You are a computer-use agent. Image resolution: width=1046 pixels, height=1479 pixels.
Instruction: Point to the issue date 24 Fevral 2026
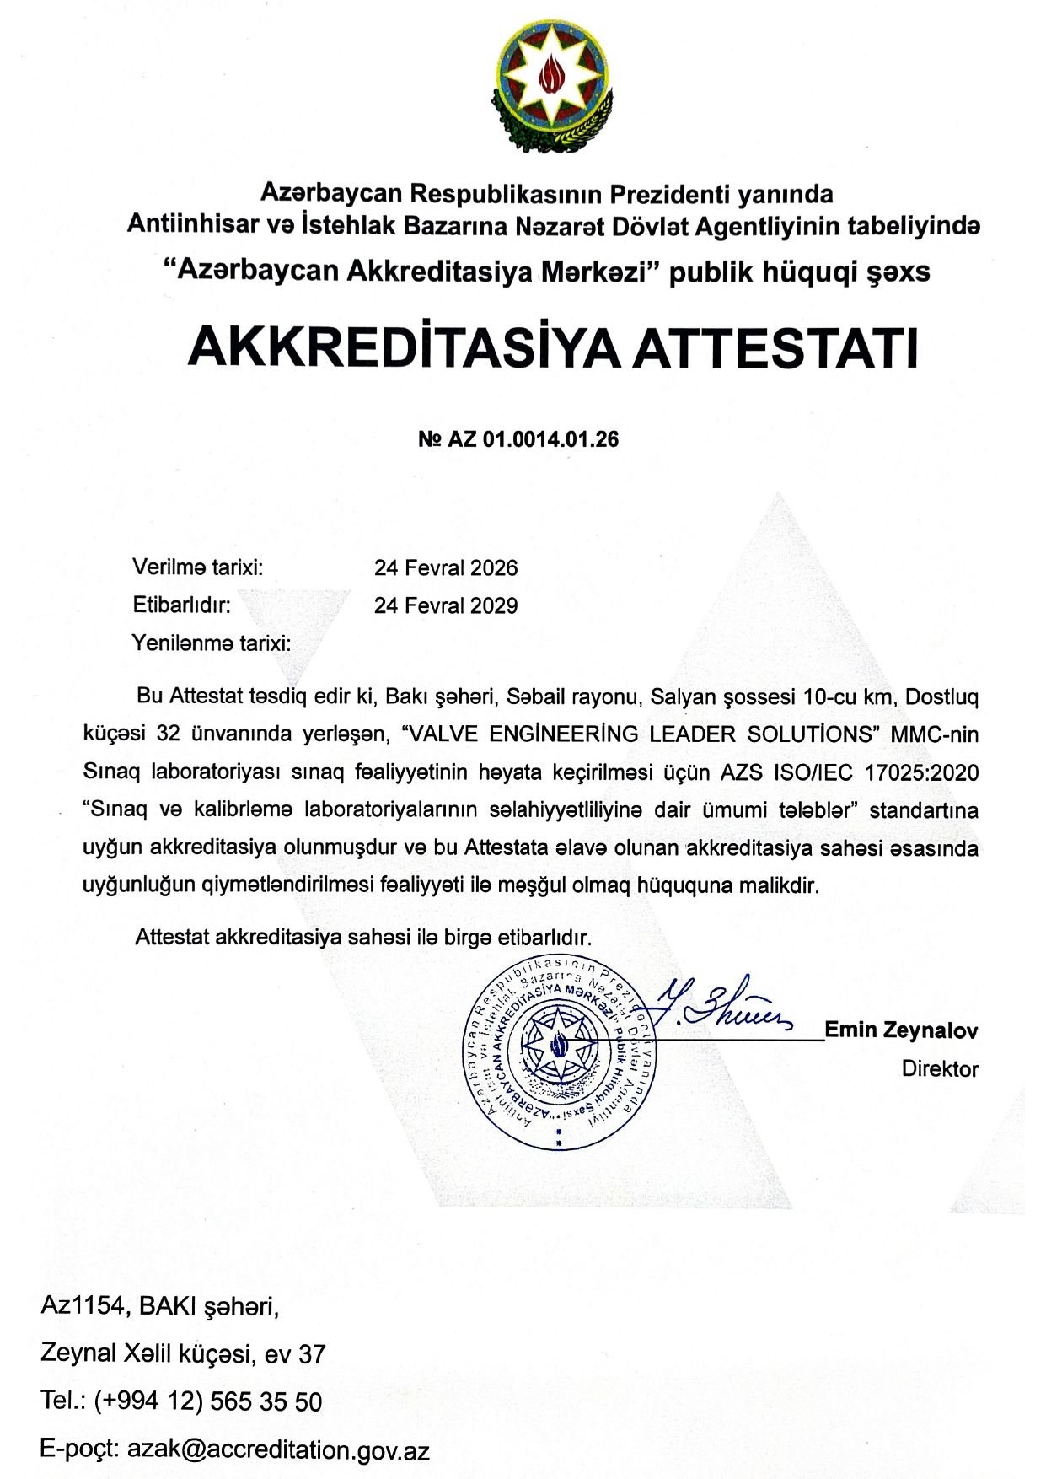point(446,567)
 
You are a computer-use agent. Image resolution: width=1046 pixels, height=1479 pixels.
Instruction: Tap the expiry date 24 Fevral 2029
point(446,605)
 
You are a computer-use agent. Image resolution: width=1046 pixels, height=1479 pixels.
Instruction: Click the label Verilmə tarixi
point(198,567)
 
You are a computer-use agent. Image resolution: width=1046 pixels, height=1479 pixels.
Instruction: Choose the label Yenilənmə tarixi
point(212,643)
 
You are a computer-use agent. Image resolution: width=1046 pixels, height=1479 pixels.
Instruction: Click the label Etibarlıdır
point(181,605)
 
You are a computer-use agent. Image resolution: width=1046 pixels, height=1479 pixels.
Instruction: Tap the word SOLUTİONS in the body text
point(826,734)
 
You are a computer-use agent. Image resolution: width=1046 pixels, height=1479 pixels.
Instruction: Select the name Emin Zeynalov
point(901,1030)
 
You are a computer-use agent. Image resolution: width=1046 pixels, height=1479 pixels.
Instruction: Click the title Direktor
point(940,1069)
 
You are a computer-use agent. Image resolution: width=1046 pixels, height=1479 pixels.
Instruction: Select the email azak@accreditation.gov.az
point(278,1450)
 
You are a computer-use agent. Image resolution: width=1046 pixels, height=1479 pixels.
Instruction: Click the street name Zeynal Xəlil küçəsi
point(148,1354)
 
